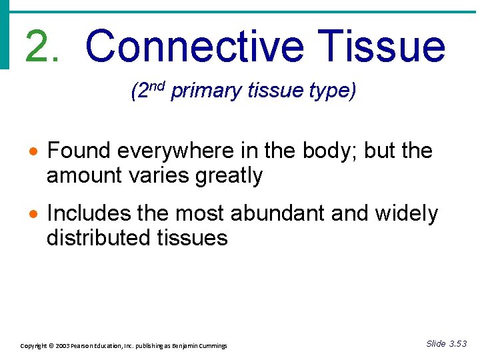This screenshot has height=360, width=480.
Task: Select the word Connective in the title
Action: (195, 46)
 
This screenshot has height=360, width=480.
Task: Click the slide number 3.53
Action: (458, 344)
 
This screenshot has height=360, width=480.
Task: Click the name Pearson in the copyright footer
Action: (89, 346)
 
